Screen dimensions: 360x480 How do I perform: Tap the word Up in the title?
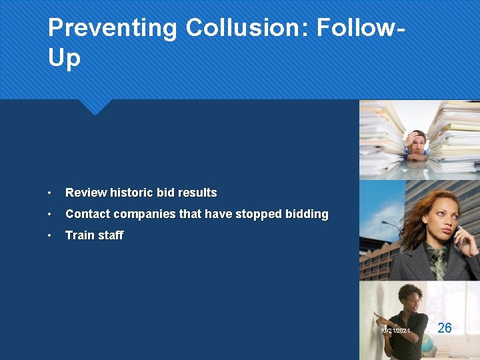(64, 59)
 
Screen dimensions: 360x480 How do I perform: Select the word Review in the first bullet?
(86, 193)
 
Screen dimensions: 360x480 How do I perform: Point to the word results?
(196, 193)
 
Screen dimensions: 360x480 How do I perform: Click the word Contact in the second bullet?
(88, 214)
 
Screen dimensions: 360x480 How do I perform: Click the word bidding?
(307, 214)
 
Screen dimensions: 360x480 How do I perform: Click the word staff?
(110, 235)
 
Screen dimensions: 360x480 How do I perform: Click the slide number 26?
(445, 327)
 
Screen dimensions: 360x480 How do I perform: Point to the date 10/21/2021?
(396, 331)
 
